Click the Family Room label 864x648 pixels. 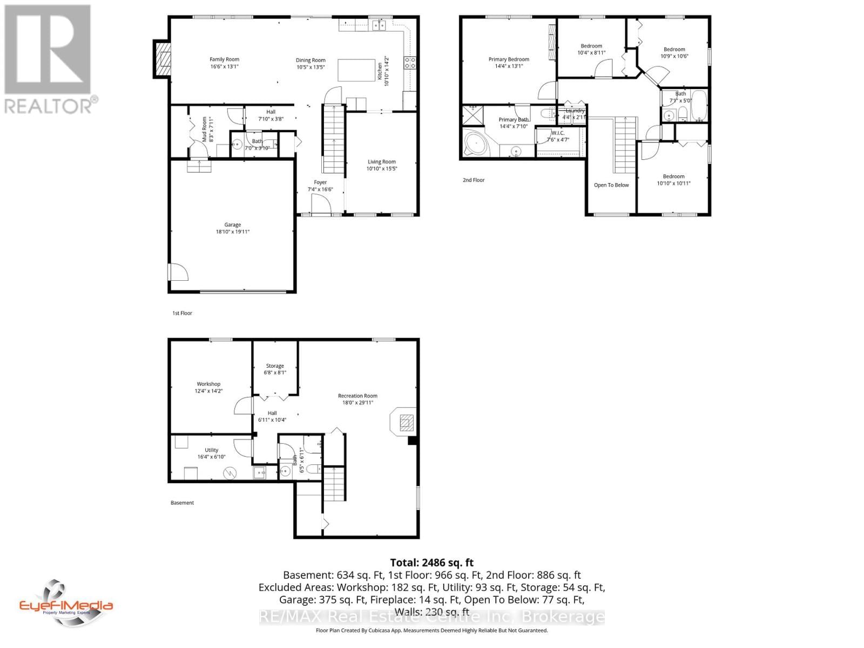tap(224, 63)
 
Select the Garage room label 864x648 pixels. tap(232, 228)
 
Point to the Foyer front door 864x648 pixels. tap(321, 206)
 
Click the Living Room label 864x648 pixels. tap(382, 165)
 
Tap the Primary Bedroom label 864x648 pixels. tap(509, 63)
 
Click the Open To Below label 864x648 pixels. tap(611, 185)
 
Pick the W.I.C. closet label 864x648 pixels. tap(558, 136)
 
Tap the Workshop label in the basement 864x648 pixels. tap(208, 387)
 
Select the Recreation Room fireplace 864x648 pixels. tap(404, 421)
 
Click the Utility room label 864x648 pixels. tap(211, 453)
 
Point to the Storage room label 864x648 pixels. tap(274, 369)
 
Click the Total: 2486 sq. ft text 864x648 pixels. tap(431, 562)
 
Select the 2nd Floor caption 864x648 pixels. tap(474, 180)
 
